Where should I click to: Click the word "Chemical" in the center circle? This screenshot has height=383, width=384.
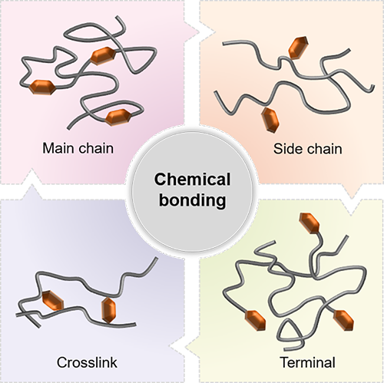(192, 180)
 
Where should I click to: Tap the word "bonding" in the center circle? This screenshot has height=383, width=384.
(193, 200)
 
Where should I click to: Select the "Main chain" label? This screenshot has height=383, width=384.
(78, 148)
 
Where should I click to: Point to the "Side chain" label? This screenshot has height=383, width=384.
(307, 149)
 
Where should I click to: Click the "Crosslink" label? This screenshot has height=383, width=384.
(87, 362)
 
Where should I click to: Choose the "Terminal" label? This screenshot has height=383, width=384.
(307, 362)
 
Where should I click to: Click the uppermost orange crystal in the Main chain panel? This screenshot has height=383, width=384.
(104, 54)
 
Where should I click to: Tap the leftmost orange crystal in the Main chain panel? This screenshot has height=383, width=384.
(42, 87)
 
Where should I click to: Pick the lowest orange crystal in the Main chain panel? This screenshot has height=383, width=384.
(118, 117)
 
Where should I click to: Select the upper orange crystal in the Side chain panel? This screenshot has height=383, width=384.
(298, 48)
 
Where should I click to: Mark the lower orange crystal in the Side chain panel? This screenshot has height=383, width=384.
(270, 120)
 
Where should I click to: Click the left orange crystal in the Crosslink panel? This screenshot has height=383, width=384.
(53, 301)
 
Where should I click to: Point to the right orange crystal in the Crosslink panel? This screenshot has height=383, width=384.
(109, 310)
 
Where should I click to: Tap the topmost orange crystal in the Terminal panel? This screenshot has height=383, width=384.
(310, 223)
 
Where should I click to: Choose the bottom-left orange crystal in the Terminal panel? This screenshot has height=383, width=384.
(255, 320)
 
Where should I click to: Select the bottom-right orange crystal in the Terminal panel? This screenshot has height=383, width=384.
(344, 320)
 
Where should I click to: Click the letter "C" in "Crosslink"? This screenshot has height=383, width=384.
(61, 362)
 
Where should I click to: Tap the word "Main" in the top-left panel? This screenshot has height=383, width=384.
(58, 148)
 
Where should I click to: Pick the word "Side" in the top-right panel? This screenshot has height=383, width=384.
(287, 149)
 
